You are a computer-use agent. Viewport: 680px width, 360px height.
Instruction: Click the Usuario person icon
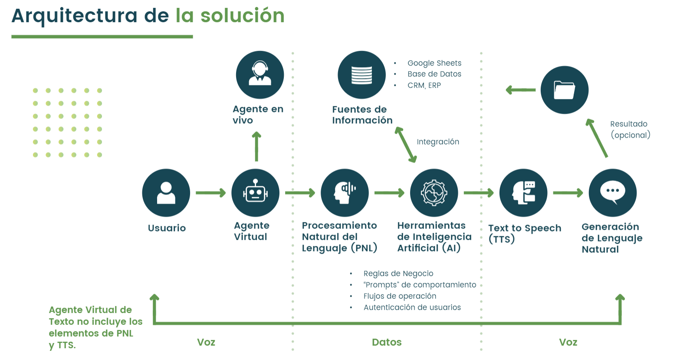(166, 193)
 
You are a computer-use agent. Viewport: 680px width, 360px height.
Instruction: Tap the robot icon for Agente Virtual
(256, 193)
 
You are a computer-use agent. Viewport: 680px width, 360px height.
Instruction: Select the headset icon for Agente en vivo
(260, 75)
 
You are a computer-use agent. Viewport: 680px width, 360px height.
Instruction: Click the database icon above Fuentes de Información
(361, 75)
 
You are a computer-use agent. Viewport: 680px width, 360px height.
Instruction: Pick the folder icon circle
(564, 90)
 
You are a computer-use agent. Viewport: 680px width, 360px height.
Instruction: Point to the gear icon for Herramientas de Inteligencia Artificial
(434, 193)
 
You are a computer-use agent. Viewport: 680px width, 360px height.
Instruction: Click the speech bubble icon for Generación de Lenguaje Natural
(612, 193)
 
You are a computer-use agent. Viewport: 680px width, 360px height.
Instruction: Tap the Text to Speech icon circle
(523, 193)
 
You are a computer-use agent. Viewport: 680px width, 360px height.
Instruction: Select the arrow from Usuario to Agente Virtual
(211, 193)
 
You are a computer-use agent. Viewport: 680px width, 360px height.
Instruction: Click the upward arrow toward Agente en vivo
(256, 147)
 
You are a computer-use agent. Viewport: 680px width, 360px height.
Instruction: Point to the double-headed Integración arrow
(406, 145)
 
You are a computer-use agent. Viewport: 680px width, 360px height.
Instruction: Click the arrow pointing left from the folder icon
(521, 90)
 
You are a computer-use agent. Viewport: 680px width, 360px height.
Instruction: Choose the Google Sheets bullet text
(434, 63)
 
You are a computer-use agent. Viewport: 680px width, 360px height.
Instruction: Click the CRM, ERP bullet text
(424, 86)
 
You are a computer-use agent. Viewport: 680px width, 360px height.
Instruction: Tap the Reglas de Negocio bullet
(398, 274)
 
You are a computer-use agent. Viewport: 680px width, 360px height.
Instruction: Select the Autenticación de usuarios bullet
(412, 307)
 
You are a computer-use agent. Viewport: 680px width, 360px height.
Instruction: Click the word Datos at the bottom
(387, 342)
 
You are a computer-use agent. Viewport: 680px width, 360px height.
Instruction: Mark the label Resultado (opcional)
(630, 129)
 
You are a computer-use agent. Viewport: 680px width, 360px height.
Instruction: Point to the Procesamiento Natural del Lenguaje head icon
(345, 193)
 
